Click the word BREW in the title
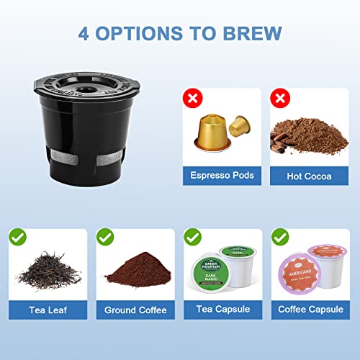point(248,34)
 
